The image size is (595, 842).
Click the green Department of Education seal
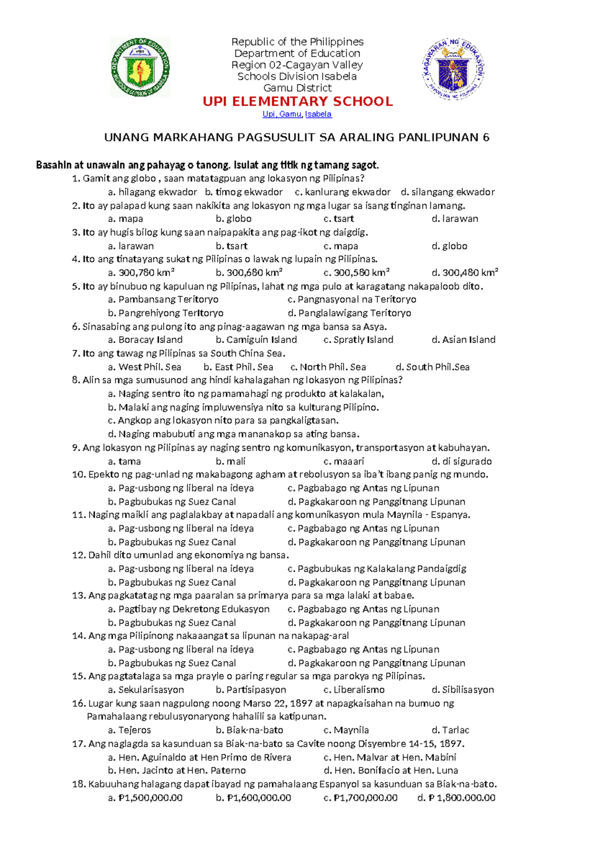pyautogui.click(x=140, y=67)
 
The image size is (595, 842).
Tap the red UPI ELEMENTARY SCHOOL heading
pyautogui.click(x=297, y=102)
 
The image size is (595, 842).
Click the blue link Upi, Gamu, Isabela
pyautogui.click(x=297, y=114)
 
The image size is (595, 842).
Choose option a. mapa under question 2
pyautogui.click(x=125, y=219)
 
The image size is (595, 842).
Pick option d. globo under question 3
pyautogui.click(x=449, y=246)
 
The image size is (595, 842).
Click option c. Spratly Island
pyautogui.click(x=358, y=340)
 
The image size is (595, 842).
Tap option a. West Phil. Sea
pyautogui.click(x=144, y=367)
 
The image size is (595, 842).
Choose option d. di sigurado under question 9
pyautogui.click(x=461, y=461)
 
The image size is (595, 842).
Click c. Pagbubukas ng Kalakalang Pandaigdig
pyautogui.click(x=376, y=569)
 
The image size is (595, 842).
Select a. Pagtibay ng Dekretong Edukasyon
pyautogui.click(x=188, y=609)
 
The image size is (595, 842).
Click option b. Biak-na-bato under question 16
pyautogui.click(x=249, y=730)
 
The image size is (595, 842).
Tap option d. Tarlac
pyautogui.click(x=450, y=730)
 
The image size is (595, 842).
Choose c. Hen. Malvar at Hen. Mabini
pyautogui.click(x=390, y=758)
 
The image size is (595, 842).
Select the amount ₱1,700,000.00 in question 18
pyautogui.click(x=360, y=798)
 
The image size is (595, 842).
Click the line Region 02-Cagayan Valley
pyautogui.click(x=297, y=65)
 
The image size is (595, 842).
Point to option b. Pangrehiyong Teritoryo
pyautogui.click(x=166, y=313)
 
